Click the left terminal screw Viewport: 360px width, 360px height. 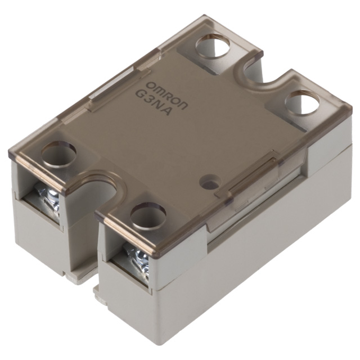point(49,200)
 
